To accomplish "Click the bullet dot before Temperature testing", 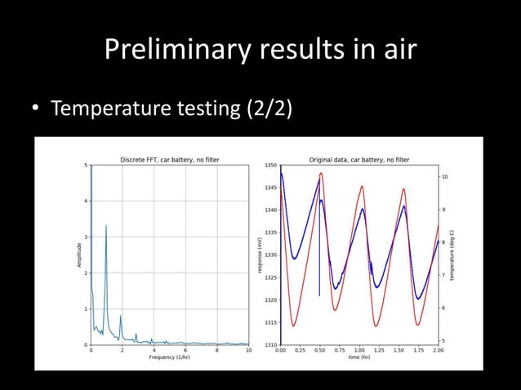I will [x=36, y=109].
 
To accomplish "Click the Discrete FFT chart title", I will [x=169, y=159].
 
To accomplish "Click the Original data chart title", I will [x=358, y=159].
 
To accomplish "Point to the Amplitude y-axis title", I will [x=79, y=255].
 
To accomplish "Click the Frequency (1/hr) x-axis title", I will [x=169, y=357].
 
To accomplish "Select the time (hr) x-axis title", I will [x=359, y=357].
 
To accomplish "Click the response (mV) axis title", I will [x=259, y=255].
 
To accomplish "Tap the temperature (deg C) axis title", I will [x=451, y=255].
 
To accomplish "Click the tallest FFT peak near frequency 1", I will [x=106, y=227].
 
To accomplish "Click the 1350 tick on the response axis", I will [x=270, y=166].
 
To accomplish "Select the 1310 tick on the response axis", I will [x=270, y=345].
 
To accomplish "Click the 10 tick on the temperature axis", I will [x=443, y=176].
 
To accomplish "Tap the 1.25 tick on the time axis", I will [x=379, y=351].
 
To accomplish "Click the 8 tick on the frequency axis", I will [x=216, y=351].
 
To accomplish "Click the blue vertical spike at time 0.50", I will [x=319, y=281].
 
